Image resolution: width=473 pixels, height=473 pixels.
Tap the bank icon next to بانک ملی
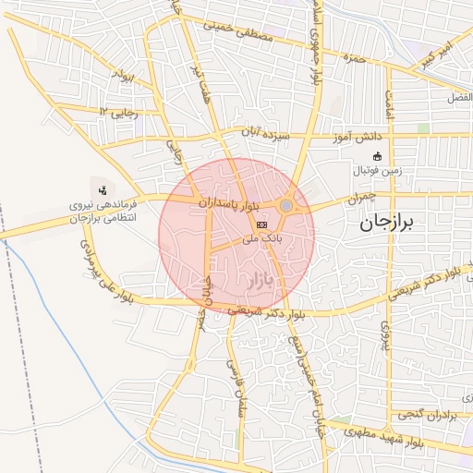pos(261,224)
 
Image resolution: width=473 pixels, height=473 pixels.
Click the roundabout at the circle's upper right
pos(286,205)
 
